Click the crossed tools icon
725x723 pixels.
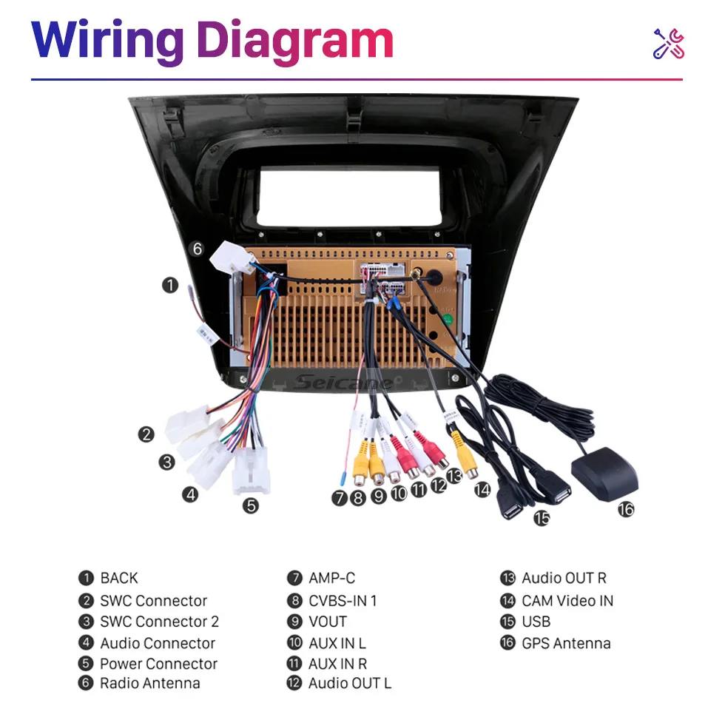click(x=668, y=44)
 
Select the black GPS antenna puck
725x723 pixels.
click(x=604, y=475)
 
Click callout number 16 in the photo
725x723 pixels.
click(x=627, y=509)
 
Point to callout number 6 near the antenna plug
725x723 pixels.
click(x=197, y=249)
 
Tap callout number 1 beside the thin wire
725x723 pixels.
click(x=171, y=285)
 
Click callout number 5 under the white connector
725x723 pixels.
click(x=252, y=506)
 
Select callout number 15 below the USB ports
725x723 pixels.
click(x=542, y=518)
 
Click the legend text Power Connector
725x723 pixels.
click(x=158, y=664)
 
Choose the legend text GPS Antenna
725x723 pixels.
click(x=566, y=643)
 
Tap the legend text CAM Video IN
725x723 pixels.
click(x=567, y=601)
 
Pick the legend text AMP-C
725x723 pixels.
click(x=331, y=578)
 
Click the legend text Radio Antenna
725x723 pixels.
click(x=149, y=684)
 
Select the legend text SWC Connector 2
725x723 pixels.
click(x=159, y=622)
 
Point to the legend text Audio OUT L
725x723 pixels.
click(x=349, y=684)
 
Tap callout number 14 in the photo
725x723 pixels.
click(x=482, y=489)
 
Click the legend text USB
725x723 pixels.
click(x=536, y=622)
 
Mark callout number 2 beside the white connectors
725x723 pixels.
click(x=146, y=435)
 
